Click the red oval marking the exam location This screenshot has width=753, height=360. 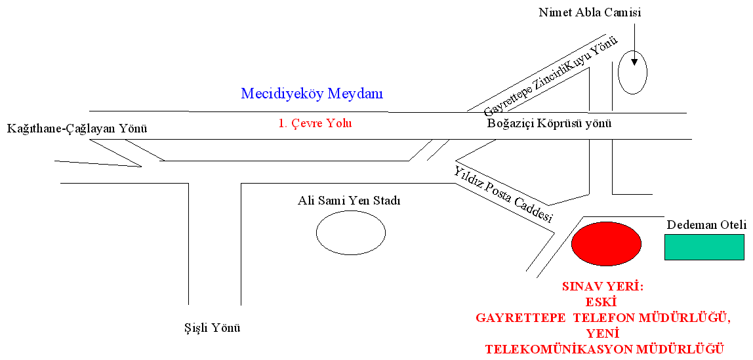[x=606, y=243]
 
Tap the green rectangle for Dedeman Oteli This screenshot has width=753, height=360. [x=704, y=247]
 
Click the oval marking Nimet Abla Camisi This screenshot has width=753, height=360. [x=632, y=72]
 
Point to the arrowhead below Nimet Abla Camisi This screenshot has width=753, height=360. [x=634, y=62]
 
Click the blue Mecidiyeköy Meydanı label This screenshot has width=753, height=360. [x=312, y=94]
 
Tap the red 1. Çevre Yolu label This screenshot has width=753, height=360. [x=315, y=123]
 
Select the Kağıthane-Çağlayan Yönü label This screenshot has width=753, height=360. [x=77, y=129]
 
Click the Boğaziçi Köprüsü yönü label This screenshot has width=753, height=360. [x=549, y=124]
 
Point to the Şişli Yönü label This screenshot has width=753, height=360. [x=209, y=329]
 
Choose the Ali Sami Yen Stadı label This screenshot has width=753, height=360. [x=348, y=200]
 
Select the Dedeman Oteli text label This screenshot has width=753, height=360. [x=706, y=225]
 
